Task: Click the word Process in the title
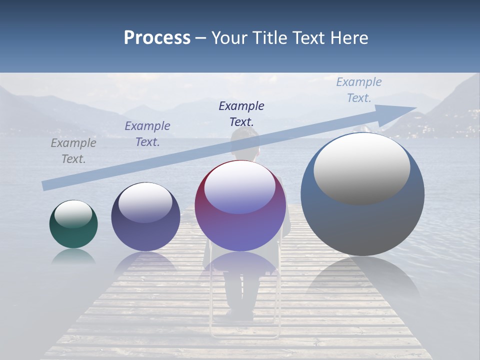[x=157, y=37]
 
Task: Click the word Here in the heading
[x=348, y=37]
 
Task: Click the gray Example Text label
[x=73, y=151]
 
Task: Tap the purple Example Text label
[x=147, y=134]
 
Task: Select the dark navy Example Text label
[x=241, y=113]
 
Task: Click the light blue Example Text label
[x=359, y=90]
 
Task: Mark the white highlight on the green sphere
[x=73, y=214]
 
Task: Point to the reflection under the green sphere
[x=73, y=256]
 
